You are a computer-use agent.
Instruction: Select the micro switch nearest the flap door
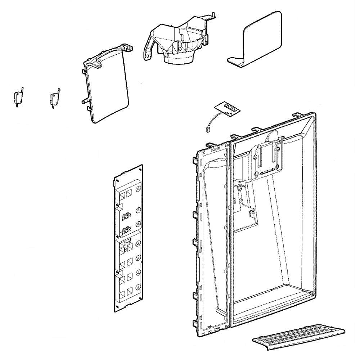[x=54, y=98]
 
